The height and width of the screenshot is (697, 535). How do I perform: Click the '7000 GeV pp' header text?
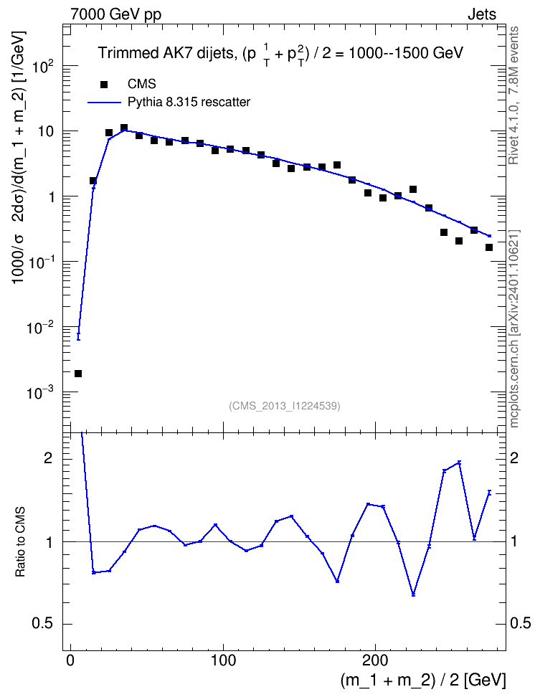click(115, 14)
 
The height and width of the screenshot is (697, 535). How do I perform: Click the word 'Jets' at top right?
click(482, 14)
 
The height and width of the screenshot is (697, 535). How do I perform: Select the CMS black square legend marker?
click(104, 84)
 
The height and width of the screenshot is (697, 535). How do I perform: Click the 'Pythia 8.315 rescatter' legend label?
click(189, 103)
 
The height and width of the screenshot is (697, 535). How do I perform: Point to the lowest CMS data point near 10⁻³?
click(78, 374)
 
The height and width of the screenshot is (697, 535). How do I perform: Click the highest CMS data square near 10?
click(124, 128)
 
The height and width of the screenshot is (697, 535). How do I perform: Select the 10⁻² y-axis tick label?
click(42, 328)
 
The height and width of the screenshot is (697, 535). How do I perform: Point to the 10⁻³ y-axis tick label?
click(42, 393)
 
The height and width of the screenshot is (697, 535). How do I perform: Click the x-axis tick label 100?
click(223, 660)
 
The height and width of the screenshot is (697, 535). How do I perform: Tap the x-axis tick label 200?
click(375, 660)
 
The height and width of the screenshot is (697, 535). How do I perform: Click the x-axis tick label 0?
click(71, 660)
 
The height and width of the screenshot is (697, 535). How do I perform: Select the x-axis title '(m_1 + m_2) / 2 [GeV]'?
click(423, 680)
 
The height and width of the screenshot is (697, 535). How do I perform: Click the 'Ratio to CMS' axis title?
click(20, 542)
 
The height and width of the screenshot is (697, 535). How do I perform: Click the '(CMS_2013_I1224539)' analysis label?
click(285, 406)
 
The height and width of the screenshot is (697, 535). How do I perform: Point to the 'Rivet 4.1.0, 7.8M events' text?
click(513, 95)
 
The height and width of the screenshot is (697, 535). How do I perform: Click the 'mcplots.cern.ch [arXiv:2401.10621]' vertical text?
click(514, 328)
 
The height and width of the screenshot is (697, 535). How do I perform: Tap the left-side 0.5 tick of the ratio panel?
click(43, 624)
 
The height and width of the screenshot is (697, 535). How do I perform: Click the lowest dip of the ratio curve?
click(413, 594)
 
